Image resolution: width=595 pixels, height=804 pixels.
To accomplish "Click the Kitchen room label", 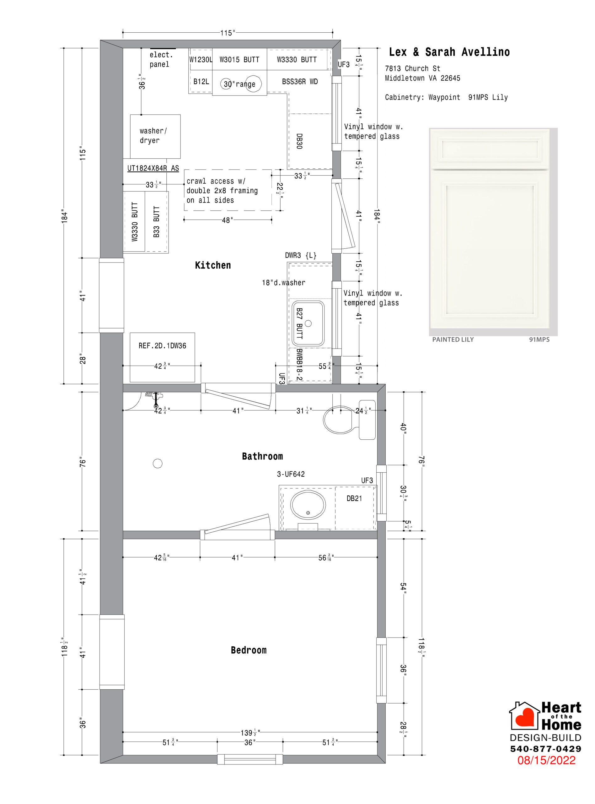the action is click(x=213, y=266).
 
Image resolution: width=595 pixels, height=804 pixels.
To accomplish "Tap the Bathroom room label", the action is click(x=262, y=457).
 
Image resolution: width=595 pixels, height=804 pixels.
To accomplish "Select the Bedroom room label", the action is click(x=249, y=650).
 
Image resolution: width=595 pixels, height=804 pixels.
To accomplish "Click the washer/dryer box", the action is click(x=155, y=136).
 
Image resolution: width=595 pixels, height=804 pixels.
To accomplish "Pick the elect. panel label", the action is click(x=161, y=59).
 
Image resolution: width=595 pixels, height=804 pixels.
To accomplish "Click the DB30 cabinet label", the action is click(x=299, y=141).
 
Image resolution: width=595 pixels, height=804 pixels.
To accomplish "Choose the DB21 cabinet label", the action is click(x=354, y=499).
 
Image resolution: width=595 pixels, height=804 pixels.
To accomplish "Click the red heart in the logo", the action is click(x=525, y=717).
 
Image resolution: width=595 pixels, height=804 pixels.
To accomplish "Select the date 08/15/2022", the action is click(x=546, y=760).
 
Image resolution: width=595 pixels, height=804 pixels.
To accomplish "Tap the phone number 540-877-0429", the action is click(x=546, y=748).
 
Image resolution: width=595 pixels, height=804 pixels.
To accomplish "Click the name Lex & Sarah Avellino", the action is click(x=449, y=52).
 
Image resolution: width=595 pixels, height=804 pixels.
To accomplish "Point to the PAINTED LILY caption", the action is click(x=453, y=340).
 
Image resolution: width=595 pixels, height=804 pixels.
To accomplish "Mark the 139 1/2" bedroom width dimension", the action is click(x=250, y=733).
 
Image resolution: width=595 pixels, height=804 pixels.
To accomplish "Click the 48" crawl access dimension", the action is click(x=227, y=220).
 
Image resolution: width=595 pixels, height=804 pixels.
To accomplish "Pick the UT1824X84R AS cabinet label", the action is click(x=153, y=168).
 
